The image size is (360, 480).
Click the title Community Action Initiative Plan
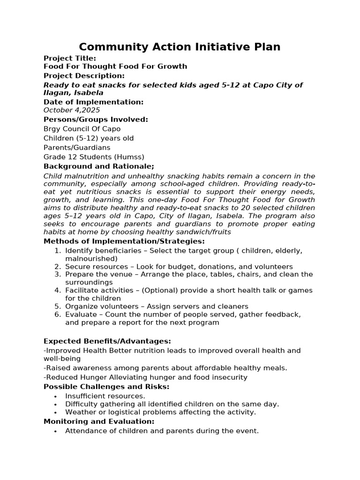[180, 47]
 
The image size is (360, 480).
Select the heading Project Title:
[70, 58]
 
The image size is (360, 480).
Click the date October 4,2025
[72, 110]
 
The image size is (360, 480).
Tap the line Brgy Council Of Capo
[82, 129]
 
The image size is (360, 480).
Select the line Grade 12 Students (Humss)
[94, 157]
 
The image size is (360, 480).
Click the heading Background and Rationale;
[99, 166]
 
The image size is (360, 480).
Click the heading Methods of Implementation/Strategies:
[124, 241]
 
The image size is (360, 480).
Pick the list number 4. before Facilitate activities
[58, 291]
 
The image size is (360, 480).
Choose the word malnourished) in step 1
[91, 259]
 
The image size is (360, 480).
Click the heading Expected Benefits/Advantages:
[107, 341]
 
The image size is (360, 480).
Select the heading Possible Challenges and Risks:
[106, 387]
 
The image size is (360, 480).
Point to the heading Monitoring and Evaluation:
[99, 421]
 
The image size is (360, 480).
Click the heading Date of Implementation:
[94, 102]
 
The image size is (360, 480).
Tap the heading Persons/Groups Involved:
[96, 120]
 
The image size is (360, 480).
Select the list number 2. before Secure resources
[58, 266]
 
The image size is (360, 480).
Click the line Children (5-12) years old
[89, 138]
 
